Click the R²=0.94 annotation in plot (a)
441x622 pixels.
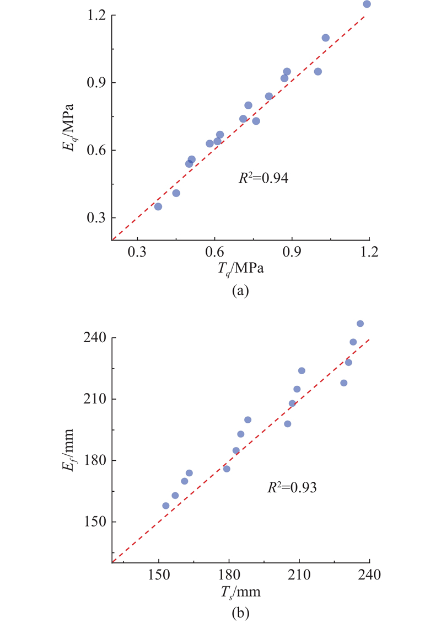[262, 178]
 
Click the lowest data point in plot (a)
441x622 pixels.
[158, 206]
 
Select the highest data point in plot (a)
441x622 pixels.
[367, 4]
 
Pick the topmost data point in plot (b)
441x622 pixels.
[360, 323]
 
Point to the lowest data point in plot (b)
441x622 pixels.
[166, 506]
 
